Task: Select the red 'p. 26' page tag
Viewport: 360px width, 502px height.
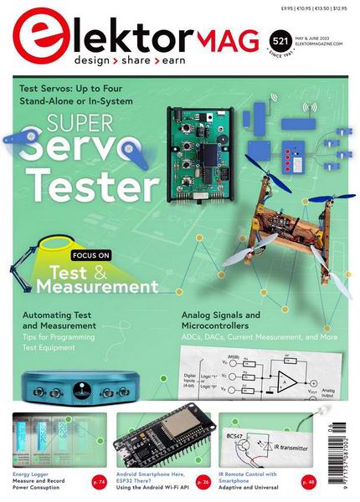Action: pyautogui.click(x=202, y=481)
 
